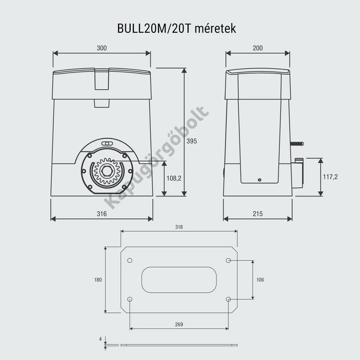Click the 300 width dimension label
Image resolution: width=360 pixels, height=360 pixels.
point(102,48)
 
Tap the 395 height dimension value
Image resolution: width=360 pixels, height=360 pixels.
point(192,141)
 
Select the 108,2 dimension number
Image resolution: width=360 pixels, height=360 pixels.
point(174,178)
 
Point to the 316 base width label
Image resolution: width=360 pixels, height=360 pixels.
point(102,214)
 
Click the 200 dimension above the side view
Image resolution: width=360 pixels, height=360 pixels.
point(258,48)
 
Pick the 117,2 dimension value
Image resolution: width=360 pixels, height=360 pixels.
point(330,177)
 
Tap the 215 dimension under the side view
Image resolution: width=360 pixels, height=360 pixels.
point(258,214)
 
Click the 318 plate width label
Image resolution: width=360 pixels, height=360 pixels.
point(179,227)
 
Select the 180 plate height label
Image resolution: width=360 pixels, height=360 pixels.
point(98,280)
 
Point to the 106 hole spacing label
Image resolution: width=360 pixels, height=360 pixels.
point(260,280)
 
